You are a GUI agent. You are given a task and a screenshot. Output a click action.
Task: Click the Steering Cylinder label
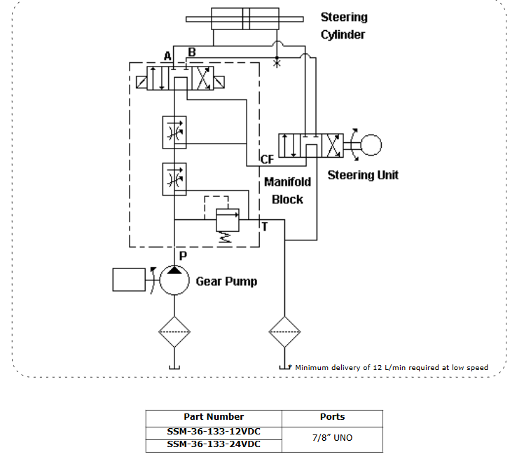343,25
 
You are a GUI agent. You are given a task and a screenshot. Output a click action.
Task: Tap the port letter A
167,56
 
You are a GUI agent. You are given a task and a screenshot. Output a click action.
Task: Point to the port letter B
192,53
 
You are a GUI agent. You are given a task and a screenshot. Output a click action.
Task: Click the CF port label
267,160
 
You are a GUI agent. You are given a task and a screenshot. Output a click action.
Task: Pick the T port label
264,226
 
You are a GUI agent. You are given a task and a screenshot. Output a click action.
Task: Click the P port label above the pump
182,256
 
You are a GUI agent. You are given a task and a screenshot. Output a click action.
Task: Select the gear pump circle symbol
174,280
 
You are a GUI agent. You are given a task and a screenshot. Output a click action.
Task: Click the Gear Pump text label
226,281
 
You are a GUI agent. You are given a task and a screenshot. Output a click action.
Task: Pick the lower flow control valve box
174,178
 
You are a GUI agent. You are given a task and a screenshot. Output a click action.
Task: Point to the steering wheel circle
371,146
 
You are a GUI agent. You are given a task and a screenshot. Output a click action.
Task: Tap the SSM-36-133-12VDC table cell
214,431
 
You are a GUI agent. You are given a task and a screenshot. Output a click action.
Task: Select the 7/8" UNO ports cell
332,438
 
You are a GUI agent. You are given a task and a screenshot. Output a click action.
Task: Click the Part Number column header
214,417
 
